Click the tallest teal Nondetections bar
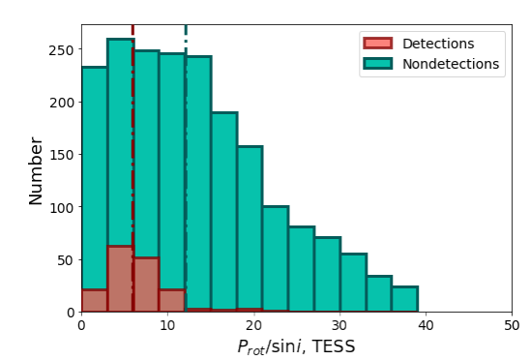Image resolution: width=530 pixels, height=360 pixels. coord(120,145)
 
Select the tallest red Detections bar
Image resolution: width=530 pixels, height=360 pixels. coord(120,280)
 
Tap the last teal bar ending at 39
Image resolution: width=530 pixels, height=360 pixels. coord(404,299)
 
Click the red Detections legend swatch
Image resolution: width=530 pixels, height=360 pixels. coord(377,43)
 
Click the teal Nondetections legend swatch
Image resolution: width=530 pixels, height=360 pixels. coord(377,64)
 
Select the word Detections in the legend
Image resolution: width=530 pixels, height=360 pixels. coord(438,43)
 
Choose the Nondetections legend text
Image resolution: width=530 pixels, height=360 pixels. coord(450,64)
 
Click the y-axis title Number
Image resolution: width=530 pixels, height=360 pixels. coord(36,170)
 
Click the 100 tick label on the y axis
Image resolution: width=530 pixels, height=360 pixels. coord(60,207)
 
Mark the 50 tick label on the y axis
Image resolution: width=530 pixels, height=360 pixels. coord(64,259)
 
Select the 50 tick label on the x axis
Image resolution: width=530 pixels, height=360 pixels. coord(511,325)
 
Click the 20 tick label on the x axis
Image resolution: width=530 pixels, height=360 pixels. coord(253,325)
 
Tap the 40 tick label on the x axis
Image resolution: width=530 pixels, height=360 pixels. coord(425,325)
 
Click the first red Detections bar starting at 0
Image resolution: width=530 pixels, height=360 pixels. coord(94,301)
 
